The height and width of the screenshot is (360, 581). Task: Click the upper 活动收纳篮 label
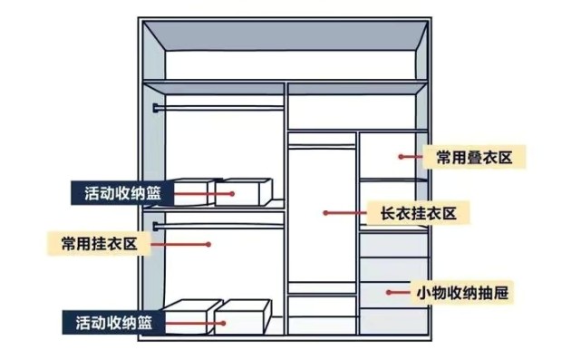[x=121, y=192]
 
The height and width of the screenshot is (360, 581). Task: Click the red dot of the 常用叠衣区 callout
[x=400, y=157]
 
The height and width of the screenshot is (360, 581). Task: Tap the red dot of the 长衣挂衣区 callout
[x=325, y=214]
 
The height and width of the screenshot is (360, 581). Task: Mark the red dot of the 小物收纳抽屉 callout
[x=389, y=292]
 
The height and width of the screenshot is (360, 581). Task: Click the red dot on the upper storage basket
[x=232, y=192]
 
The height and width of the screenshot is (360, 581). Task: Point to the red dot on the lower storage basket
[x=220, y=320]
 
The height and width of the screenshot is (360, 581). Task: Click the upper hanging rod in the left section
[x=218, y=108]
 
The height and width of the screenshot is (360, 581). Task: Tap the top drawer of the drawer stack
[x=392, y=243]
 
